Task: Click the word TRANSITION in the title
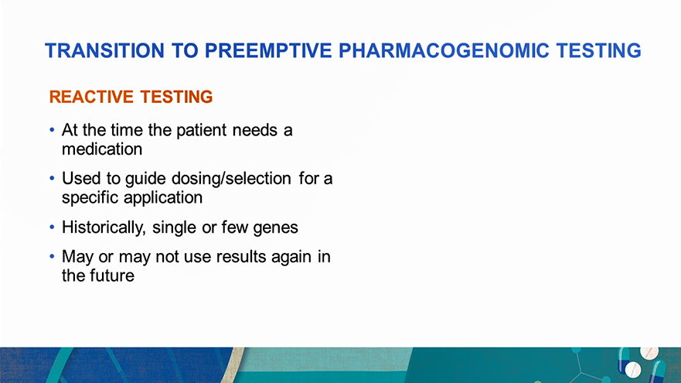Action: pyautogui.click(x=104, y=50)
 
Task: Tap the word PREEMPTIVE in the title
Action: pyautogui.click(x=268, y=50)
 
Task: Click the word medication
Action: pyautogui.click(x=102, y=149)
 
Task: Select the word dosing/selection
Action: pyautogui.click(x=231, y=179)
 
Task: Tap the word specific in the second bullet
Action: pyautogui.click(x=90, y=197)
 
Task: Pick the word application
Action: pyautogui.click(x=163, y=197)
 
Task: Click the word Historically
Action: pyautogui.click(x=104, y=227)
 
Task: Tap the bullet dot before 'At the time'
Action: pyautogui.click(x=52, y=130)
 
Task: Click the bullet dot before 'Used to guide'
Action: pyautogui.click(x=52, y=178)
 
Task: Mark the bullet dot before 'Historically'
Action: pyautogui.click(x=52, y=227)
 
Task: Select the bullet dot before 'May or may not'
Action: pyautogui.click(x=52, y=256)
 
